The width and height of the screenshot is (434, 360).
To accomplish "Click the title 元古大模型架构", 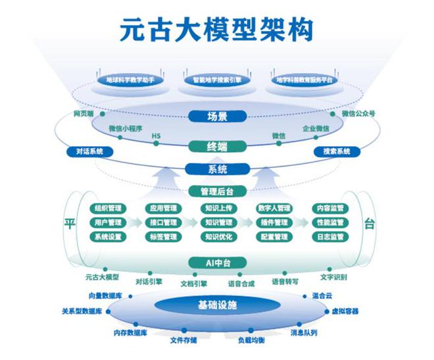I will coord(217,30).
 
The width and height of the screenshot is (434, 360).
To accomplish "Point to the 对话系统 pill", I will coord(89,151).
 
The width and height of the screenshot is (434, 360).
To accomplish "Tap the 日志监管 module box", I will coord(329,236).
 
